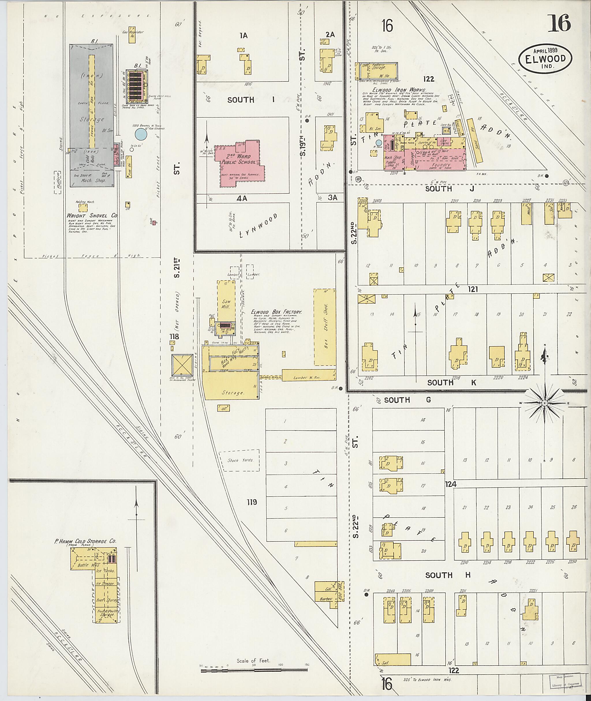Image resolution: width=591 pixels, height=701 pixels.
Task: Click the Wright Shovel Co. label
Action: coord(91,216)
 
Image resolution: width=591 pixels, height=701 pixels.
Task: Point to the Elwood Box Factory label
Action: coord(276,312)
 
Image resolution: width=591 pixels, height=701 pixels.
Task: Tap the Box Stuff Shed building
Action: coord(325,327)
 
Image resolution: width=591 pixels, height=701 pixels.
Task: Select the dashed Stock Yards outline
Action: coord(239,460)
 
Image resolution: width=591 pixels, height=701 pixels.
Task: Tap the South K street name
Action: coord(451,383)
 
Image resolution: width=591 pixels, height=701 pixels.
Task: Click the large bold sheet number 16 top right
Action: coord(559,23)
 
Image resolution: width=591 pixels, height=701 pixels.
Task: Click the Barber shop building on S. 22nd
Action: coord(326,599)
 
